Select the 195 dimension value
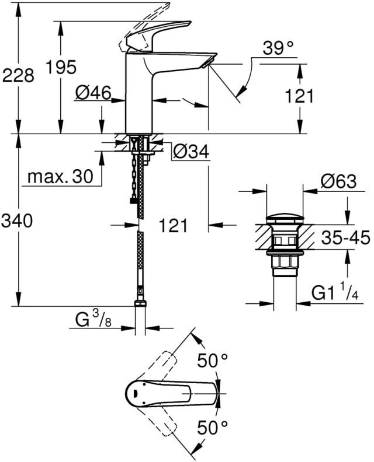click(x=63, y=68)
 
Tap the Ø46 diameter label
click(x=93, y=92)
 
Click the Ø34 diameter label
click(x=191, y=151)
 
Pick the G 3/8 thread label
click(x=93, y=320)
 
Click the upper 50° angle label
click(x=212, y=361)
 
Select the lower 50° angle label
click(x=212, y=429)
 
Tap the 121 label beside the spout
click(x=299, y=96)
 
